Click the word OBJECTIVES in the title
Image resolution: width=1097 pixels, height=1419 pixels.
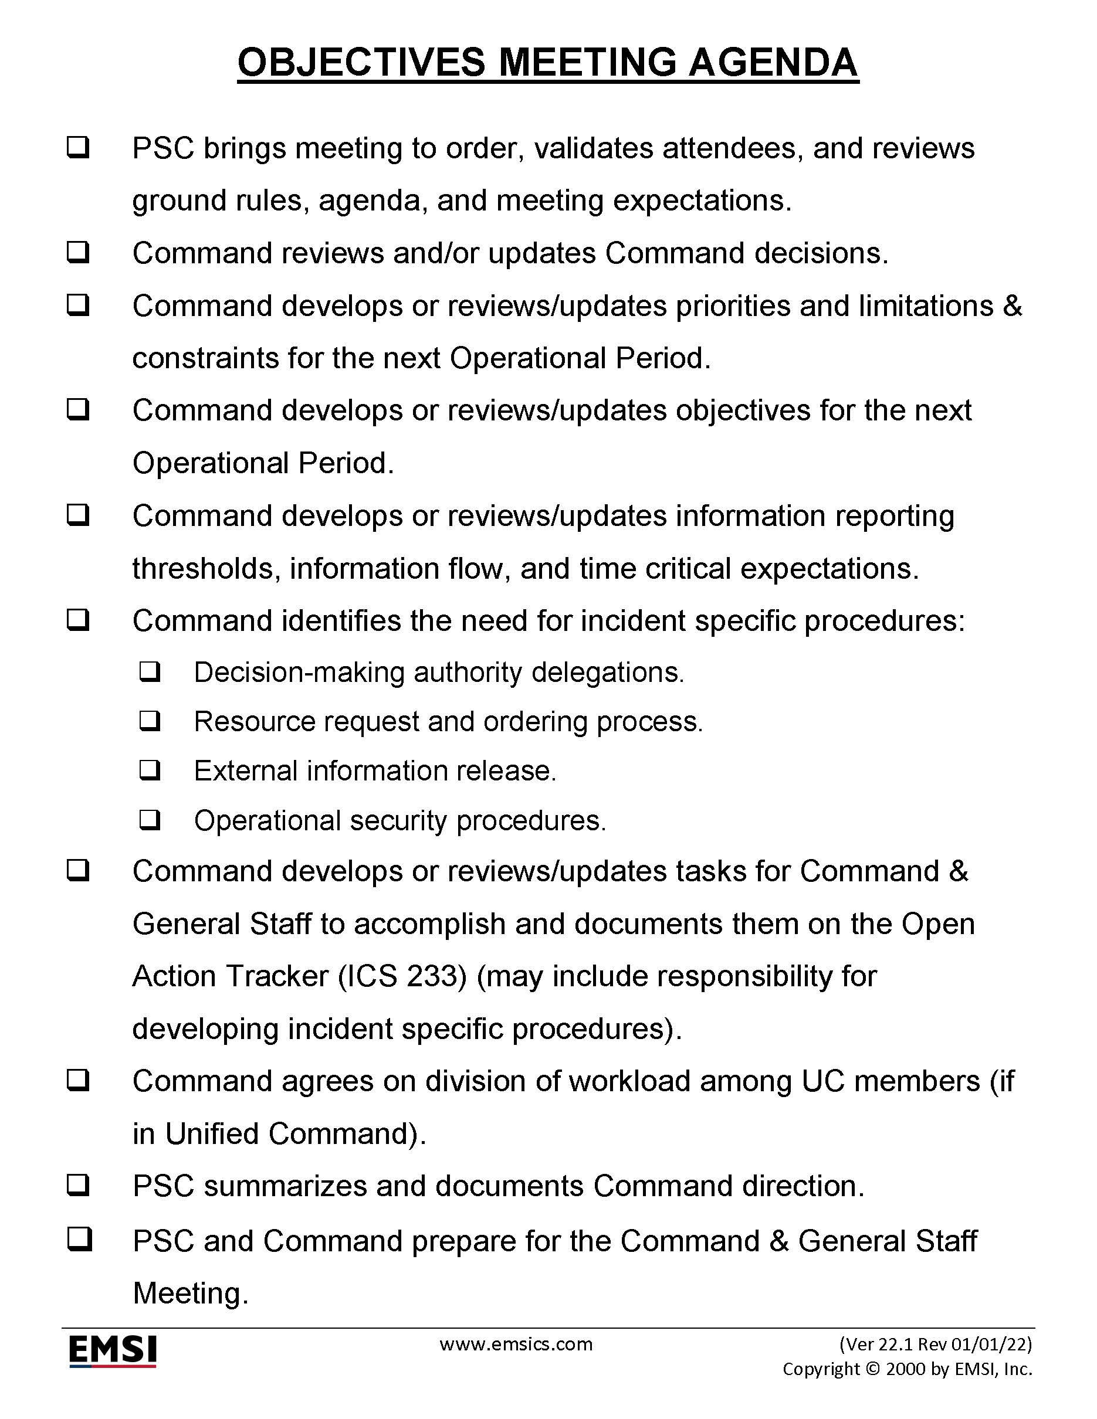tap(361, 63)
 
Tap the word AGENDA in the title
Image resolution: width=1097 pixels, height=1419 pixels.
tap(773, 63)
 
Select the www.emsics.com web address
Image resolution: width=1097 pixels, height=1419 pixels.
tap(516, 1343)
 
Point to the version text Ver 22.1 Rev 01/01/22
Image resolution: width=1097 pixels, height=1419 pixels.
tap(935, 1343)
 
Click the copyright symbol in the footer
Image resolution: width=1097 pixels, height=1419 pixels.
tap(873, 1369)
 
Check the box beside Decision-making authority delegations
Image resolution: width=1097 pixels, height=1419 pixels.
tap(150, 672)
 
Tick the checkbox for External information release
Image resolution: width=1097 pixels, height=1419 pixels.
tap(150, 770)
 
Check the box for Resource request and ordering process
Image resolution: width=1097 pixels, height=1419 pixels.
tap(150, 721)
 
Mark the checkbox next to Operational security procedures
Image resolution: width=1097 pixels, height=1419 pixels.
tap(150, 820)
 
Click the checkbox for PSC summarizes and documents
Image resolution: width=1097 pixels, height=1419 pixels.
tap(78, 1186)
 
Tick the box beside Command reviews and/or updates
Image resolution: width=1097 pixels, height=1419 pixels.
tap(78, 252)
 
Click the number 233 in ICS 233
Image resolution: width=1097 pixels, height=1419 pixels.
tap(436, 976)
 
